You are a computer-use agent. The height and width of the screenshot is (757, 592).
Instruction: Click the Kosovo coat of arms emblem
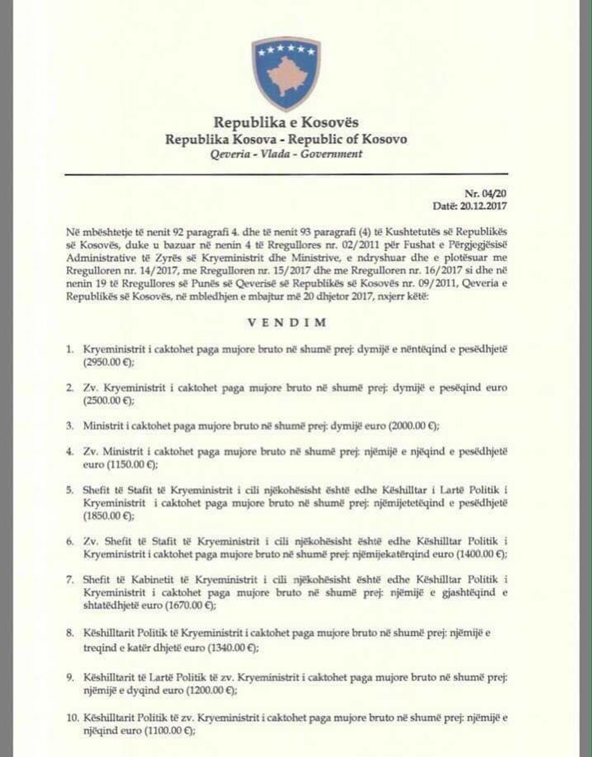coord(286,74)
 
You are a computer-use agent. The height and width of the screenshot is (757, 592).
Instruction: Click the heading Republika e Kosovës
coord(286,123)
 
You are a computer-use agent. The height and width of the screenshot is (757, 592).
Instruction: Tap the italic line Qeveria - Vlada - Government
coord(286,154)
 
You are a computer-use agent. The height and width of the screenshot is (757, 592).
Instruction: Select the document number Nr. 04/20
coord(486,194)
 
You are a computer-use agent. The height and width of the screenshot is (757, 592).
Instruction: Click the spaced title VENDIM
coord(286,323)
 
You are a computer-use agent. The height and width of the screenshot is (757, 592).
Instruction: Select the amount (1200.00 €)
coord(204,689)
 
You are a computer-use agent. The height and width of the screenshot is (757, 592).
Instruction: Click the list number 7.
coord(69,579)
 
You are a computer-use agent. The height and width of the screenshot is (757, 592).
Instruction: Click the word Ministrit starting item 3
coord(101,425)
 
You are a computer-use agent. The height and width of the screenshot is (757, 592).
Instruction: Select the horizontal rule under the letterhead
coord(286,175)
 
